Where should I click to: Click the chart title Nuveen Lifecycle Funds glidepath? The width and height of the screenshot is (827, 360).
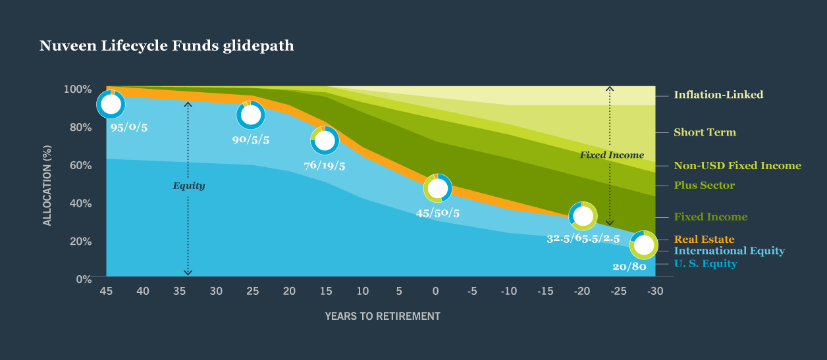pos(167,46)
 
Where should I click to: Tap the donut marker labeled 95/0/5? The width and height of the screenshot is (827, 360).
pos(111,104)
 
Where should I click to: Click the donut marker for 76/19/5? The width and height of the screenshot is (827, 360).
pos(324,140)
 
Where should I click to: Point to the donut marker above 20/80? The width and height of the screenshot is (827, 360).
pos(643,245)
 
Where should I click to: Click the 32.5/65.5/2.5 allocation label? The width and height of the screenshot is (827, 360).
pos(583,238)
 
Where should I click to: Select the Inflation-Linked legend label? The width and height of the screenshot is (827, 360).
pos(718,95)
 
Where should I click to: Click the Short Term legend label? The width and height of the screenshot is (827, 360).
pos(705,132)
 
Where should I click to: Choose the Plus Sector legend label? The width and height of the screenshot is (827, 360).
pos(704,186)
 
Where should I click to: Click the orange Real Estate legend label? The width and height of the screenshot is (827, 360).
pos(704,240)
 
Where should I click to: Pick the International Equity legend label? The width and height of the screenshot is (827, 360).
pos(729,251)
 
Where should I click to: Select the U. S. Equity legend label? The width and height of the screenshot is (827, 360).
pos(705,264)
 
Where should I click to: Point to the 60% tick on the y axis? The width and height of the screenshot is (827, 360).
pos(81,165)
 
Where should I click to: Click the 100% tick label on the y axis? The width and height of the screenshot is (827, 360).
pos(78,89)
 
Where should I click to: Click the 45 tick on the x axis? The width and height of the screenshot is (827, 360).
pos(107,291)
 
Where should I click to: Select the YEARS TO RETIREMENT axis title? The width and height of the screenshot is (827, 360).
pos(382,316)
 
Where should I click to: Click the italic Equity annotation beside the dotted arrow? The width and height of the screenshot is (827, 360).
pos(189,186)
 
